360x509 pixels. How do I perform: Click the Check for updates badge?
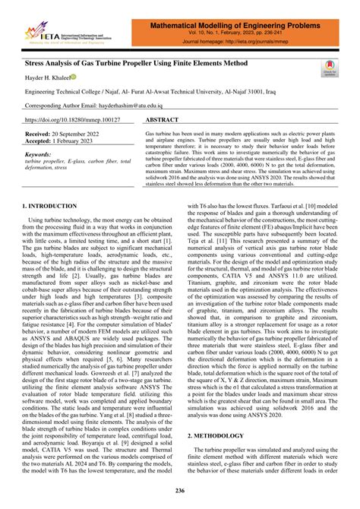point(330,68)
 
